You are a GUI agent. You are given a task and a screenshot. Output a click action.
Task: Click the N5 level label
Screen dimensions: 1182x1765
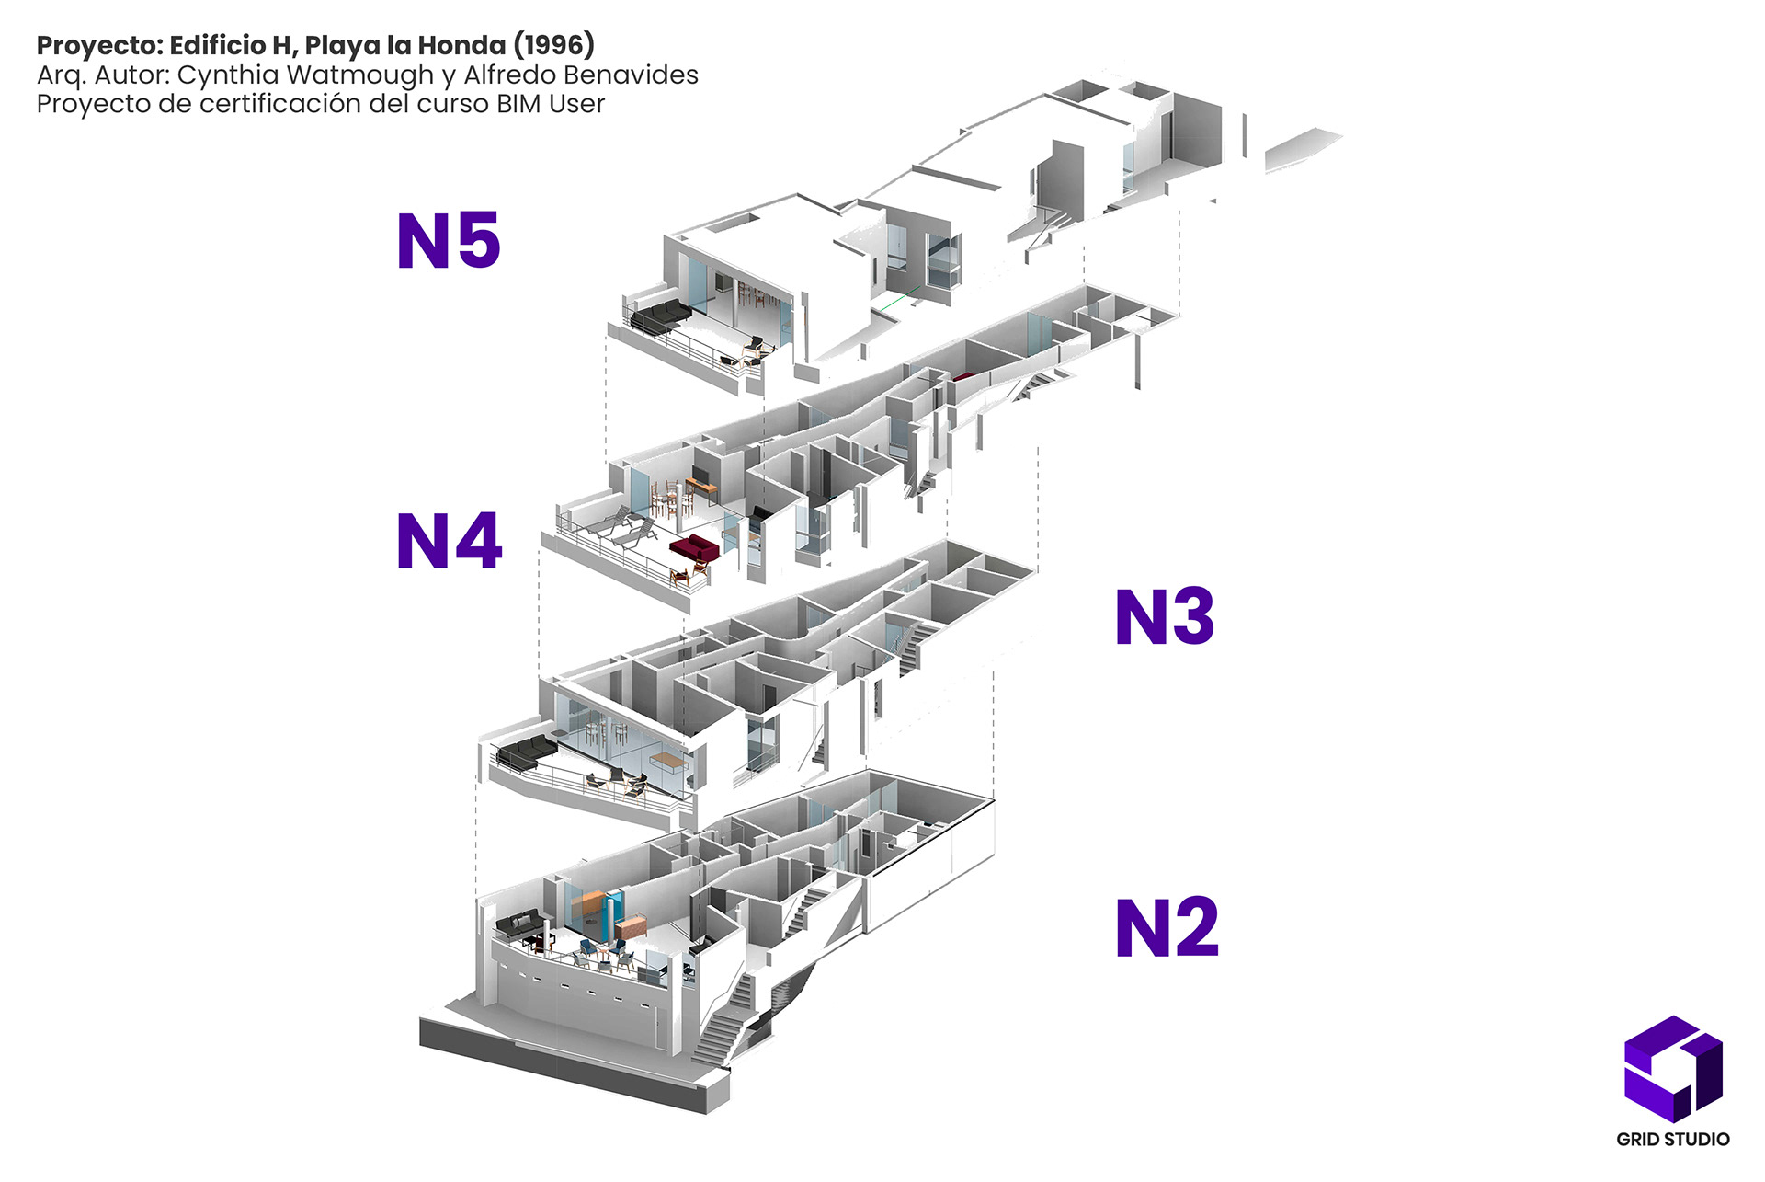pyautogui.click(x=449, y=241)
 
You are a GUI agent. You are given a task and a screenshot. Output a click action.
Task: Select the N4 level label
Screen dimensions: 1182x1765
pyautogui.click(x=449, y=541)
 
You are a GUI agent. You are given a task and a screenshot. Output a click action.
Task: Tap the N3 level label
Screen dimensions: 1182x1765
pyautogui.click(x=1164, y=616)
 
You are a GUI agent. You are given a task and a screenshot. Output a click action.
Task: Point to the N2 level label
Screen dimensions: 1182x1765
pyautogui.click(x=1166, y=927)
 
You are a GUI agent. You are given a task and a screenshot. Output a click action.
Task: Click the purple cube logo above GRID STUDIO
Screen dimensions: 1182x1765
pyautogui.click(x=1672, y=1067)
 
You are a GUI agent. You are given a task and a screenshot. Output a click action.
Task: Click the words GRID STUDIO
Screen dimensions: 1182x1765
pyautogui.click(x=1672, y=1139)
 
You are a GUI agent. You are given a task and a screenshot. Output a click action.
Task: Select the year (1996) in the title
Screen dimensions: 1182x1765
pyautogui.click(x=553, y=44)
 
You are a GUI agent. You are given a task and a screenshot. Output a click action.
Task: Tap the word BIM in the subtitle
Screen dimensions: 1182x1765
pyautogui.click(x=518, y=104)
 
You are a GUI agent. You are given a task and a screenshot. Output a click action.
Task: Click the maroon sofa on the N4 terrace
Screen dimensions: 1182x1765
pyautogui.click(x=694, y=548)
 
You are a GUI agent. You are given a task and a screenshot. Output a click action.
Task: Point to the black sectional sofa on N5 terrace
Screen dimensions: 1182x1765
pyautogui.click(x=659, y=316)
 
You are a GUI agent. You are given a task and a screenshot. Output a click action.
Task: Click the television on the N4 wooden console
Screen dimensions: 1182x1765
pyautogui.click(x=700, y=473)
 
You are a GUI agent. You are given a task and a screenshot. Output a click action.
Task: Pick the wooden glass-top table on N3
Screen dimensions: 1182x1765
pyautogui.click(x=669, y=761)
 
